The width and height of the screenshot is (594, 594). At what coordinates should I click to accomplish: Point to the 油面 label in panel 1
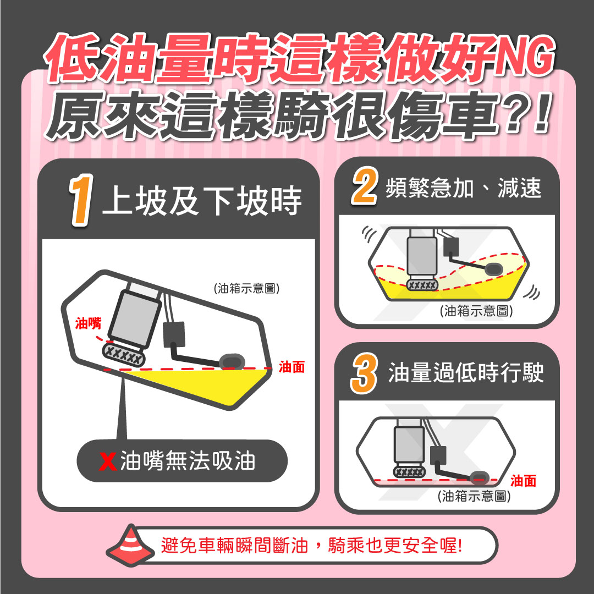tap(291, 367)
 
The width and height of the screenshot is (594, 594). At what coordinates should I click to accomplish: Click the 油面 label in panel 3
tap(523, 481)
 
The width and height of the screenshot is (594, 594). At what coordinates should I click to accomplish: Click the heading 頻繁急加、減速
tap(464, 189)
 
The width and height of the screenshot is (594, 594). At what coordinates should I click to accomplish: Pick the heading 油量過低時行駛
tap(466, 373)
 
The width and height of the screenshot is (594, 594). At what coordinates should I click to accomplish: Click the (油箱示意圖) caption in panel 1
tap(246, 289)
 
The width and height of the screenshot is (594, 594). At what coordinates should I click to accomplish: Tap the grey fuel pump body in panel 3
tap(409, 444)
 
